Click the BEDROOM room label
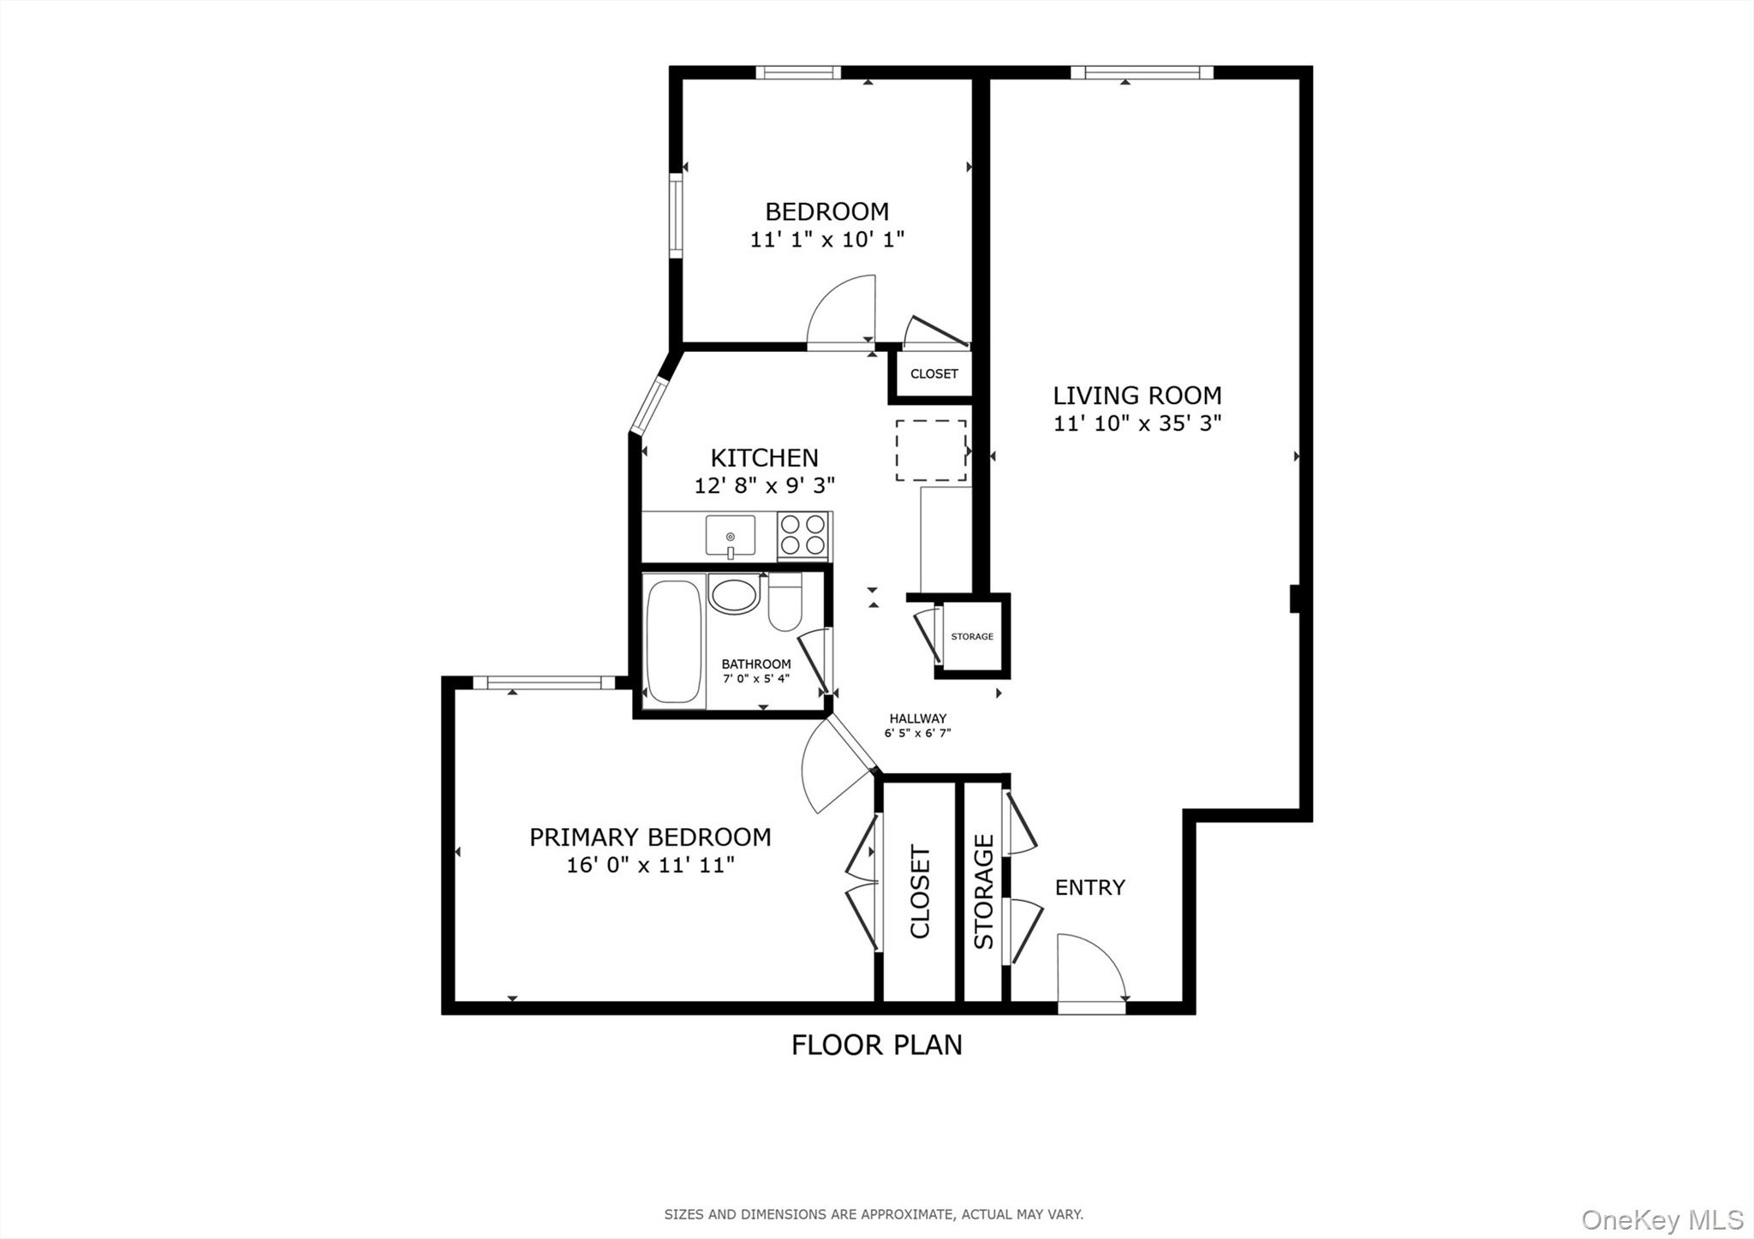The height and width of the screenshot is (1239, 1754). (826, 211)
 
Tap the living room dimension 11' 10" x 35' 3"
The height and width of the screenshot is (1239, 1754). (1137, 423)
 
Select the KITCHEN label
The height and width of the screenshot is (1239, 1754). (764, 457)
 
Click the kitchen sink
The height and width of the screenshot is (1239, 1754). (730, 536)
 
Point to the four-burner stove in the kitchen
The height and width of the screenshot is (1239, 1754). (802, 535)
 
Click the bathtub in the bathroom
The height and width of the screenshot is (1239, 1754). (674, 641)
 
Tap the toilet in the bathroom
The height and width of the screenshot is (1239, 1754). (785, 602)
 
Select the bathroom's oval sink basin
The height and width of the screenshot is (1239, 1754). (734, 595)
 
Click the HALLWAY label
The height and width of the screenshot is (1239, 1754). (917, 718)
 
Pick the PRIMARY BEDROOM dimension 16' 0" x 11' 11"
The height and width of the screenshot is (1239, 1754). (650, 865)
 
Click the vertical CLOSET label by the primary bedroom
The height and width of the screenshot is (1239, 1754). (920, 891)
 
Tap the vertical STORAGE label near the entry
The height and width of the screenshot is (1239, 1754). (984, 891)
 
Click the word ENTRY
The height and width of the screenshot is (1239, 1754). (1089, 887)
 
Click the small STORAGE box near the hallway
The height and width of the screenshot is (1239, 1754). (972, 636)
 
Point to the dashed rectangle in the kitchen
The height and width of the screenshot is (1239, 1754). (931, 450)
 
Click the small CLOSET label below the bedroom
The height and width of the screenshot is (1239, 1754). (934, 374)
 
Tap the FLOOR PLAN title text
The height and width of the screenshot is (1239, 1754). (876, 1045)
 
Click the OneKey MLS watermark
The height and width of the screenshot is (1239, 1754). (1662, 1219)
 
